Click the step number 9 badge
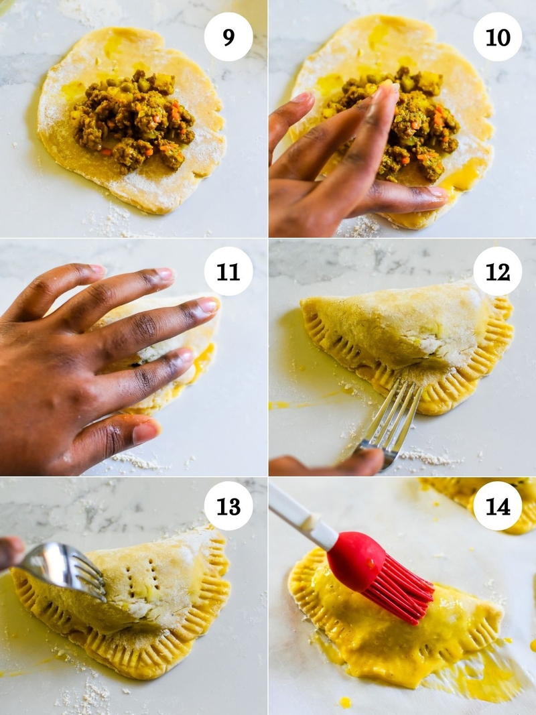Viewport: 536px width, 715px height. (x=228, y=37)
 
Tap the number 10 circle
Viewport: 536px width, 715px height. (x=497, y=37)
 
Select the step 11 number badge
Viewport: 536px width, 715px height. (x=228, y=271)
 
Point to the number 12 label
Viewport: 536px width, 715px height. (x=497, y=271)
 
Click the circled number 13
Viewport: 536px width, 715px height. (x=228, y=506)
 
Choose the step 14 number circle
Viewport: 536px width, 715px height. (x=497, y=506)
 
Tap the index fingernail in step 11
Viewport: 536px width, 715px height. (x=208, y=305)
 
